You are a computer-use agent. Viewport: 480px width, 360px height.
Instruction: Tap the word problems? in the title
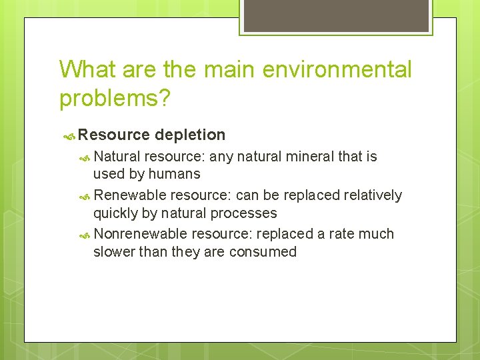pos(115,98)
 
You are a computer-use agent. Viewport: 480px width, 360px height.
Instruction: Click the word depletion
pos(190,135)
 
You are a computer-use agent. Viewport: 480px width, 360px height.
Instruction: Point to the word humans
pos(174,174)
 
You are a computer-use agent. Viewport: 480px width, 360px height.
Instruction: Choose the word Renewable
pos(130,195)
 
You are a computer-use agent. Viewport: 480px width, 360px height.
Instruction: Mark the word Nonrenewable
pos(141,234)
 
